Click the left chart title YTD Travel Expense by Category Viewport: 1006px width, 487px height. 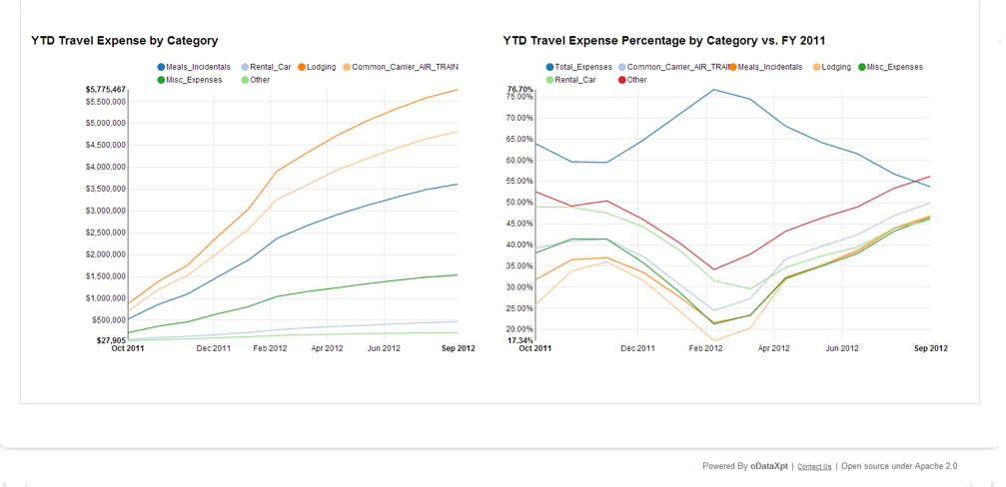pyautogui.click(x=125, y=41)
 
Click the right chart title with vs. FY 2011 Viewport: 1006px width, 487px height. pyautogui.click(x=664, y=41)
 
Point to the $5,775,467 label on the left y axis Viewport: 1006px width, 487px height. pyautogui.click(x=105, y=90)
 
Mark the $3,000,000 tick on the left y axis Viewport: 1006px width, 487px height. pyautogui.click(x=105, y=211)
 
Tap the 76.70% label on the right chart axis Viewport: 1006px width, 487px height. pyautogui.click(x=520, y=90)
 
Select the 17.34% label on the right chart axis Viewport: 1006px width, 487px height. pyautogui.click(x=520, y=340)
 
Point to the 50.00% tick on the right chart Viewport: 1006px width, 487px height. pyautogui.click(x=520, y=203)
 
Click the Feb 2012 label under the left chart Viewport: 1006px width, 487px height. pyautogui.click(x=270, y=349)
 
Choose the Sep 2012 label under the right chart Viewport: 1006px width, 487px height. pyautogui.click(x=931, y=349)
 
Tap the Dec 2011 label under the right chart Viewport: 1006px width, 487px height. pyautogui.click(x=637, y=349)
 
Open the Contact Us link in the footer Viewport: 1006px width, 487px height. pyautogui.click(x=814, y=467)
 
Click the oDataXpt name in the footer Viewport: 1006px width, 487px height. pyautogui.click(x=769, y=466)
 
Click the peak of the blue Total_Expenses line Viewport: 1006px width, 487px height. pyautogui.click(x=714, y=90)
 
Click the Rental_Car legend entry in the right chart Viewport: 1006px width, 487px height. pyautogui.click(x=574, y=80)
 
